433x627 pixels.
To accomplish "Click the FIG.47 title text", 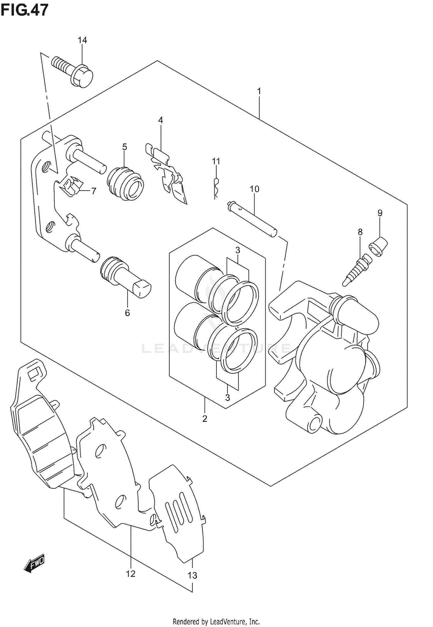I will (24, 10).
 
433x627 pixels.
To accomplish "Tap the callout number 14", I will (82, 40).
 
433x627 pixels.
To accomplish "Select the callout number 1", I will (259, 91).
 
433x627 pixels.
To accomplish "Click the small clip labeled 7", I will (71, 187).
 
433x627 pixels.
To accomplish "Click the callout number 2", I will (205, 419).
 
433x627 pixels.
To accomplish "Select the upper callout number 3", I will (237, 250).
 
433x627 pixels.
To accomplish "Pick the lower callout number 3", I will (227, 398).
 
